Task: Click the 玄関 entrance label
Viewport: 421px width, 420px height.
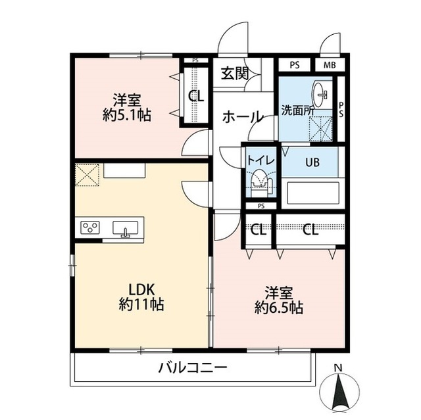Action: point(234,73)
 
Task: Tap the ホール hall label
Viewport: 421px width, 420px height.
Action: point(243,117)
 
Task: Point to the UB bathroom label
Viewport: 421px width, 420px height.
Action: point(311,162)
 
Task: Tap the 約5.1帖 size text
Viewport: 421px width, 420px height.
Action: point(127,116)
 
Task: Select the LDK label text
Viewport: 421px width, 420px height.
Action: point(141,290)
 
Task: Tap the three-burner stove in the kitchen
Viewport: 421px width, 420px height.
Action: point(89,228)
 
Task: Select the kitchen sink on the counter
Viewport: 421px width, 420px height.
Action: point(126,228)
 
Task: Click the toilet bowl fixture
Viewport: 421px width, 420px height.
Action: point(260,183)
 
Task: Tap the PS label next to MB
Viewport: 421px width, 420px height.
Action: point(293,65)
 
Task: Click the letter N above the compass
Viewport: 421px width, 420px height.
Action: point(337,367)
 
